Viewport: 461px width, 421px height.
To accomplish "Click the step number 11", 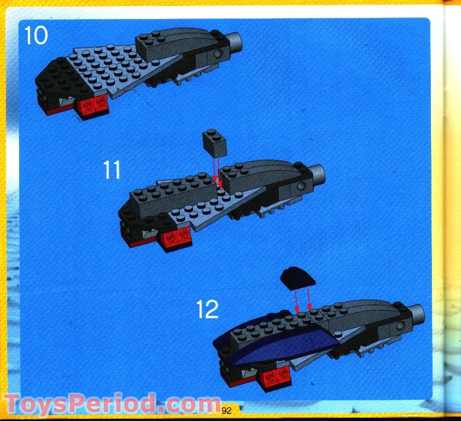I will point(112,170).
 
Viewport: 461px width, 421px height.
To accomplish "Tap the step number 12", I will point(207,310).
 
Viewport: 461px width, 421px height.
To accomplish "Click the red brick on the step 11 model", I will point(175,237).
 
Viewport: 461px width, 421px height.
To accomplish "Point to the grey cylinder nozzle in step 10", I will point(235,40).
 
